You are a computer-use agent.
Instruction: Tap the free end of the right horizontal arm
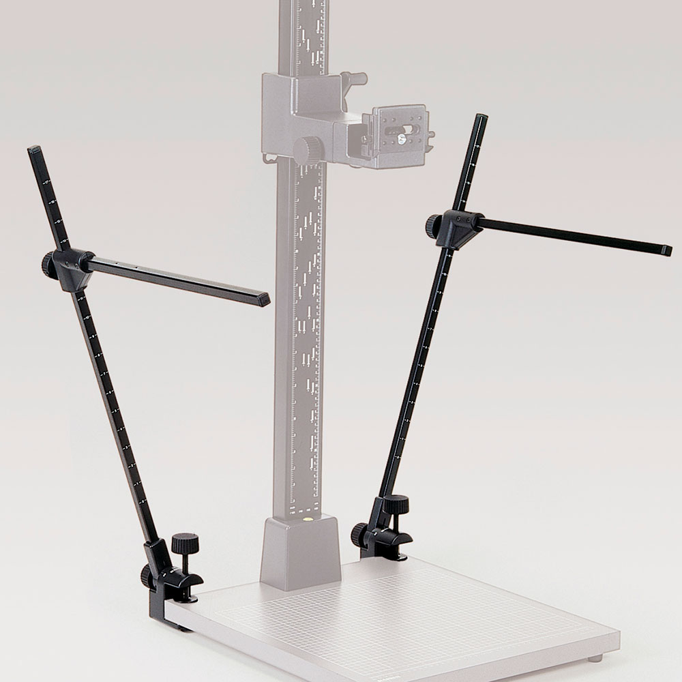coord(666,250)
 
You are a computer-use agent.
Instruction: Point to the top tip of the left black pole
coord(32,149)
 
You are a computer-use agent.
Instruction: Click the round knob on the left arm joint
coord(48,262)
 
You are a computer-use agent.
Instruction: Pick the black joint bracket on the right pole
coord(456,228)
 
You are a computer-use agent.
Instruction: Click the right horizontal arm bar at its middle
coord(573,235)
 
